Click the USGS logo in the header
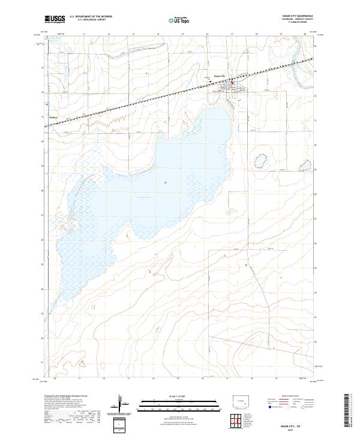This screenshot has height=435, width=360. coord(55,19)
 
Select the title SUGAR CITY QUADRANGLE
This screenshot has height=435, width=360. coord(293,16)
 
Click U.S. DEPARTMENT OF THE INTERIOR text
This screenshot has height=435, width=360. coord(91,17)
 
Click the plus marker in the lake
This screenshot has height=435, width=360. coord(165,182)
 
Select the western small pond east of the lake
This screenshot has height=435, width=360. coord(261,161)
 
